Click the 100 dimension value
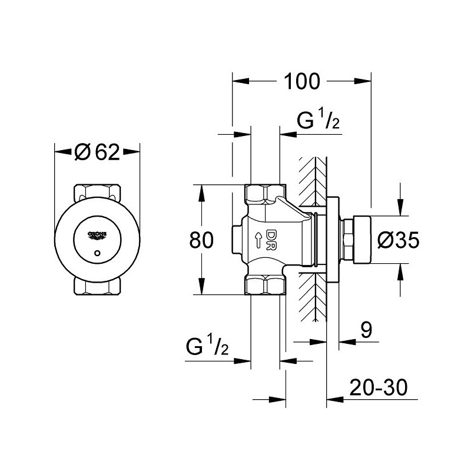[x=302, y=81]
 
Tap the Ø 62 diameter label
[x=97, y=152]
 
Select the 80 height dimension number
[x=201, y=240]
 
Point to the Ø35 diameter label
[x=398, y=240]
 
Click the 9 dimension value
[x=366, y=330]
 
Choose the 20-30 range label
[x=379, y=387]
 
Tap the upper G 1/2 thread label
[x=318, y=120]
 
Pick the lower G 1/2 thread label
[x=207, y=345]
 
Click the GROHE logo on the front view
[x=97, y=235]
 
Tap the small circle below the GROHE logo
[x=97, y=253]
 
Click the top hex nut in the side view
[x=265, y=194]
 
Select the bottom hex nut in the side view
[x=265, y=285]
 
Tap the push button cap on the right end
[x=362, y=240]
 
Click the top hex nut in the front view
[x=97, y=193]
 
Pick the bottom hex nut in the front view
[x=97, y=286]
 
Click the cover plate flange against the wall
[x=333, y=240]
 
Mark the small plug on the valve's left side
[x=237, y=240]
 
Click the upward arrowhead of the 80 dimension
[x=201, y=193]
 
